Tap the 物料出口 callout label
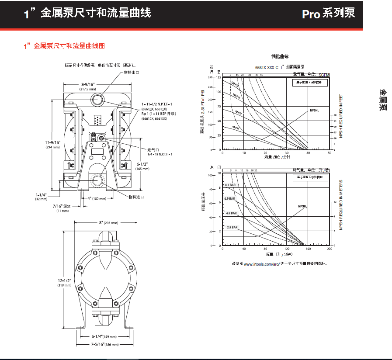pyautogui.click(x=131, y=73)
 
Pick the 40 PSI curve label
pyautogui.click(x=236, y=128)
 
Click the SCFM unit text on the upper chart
pyautogui.click(x=324, y=75)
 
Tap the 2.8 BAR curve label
pyautogui.click(x=232, y=228)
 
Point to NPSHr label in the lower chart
pyautogui.click(x=303, y=206)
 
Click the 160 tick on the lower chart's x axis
pyautogui.click(x=308, y=249)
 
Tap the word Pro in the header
pyautogui.click(x=311, y=14)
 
